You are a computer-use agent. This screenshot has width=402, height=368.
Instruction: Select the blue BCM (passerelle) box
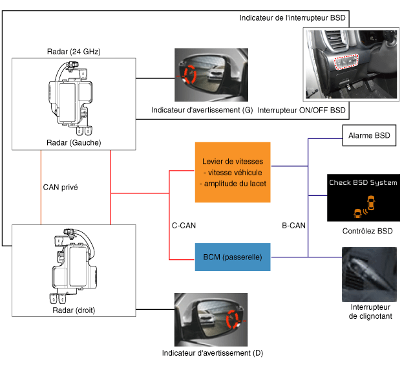coord(233,257)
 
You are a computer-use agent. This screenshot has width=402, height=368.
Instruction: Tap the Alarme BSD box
coord(368,136)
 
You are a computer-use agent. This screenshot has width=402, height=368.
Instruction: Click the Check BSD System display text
coord(363,183)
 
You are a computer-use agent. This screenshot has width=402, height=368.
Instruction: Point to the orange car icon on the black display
coord(356,211)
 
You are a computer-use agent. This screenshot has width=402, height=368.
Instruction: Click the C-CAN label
coord(184,226)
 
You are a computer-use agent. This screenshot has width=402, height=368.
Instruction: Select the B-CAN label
coord(294,226)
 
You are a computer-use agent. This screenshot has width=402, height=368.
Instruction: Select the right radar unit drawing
coord(73,265)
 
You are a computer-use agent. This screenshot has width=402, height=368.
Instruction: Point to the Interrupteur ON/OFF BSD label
coord(302,111)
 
